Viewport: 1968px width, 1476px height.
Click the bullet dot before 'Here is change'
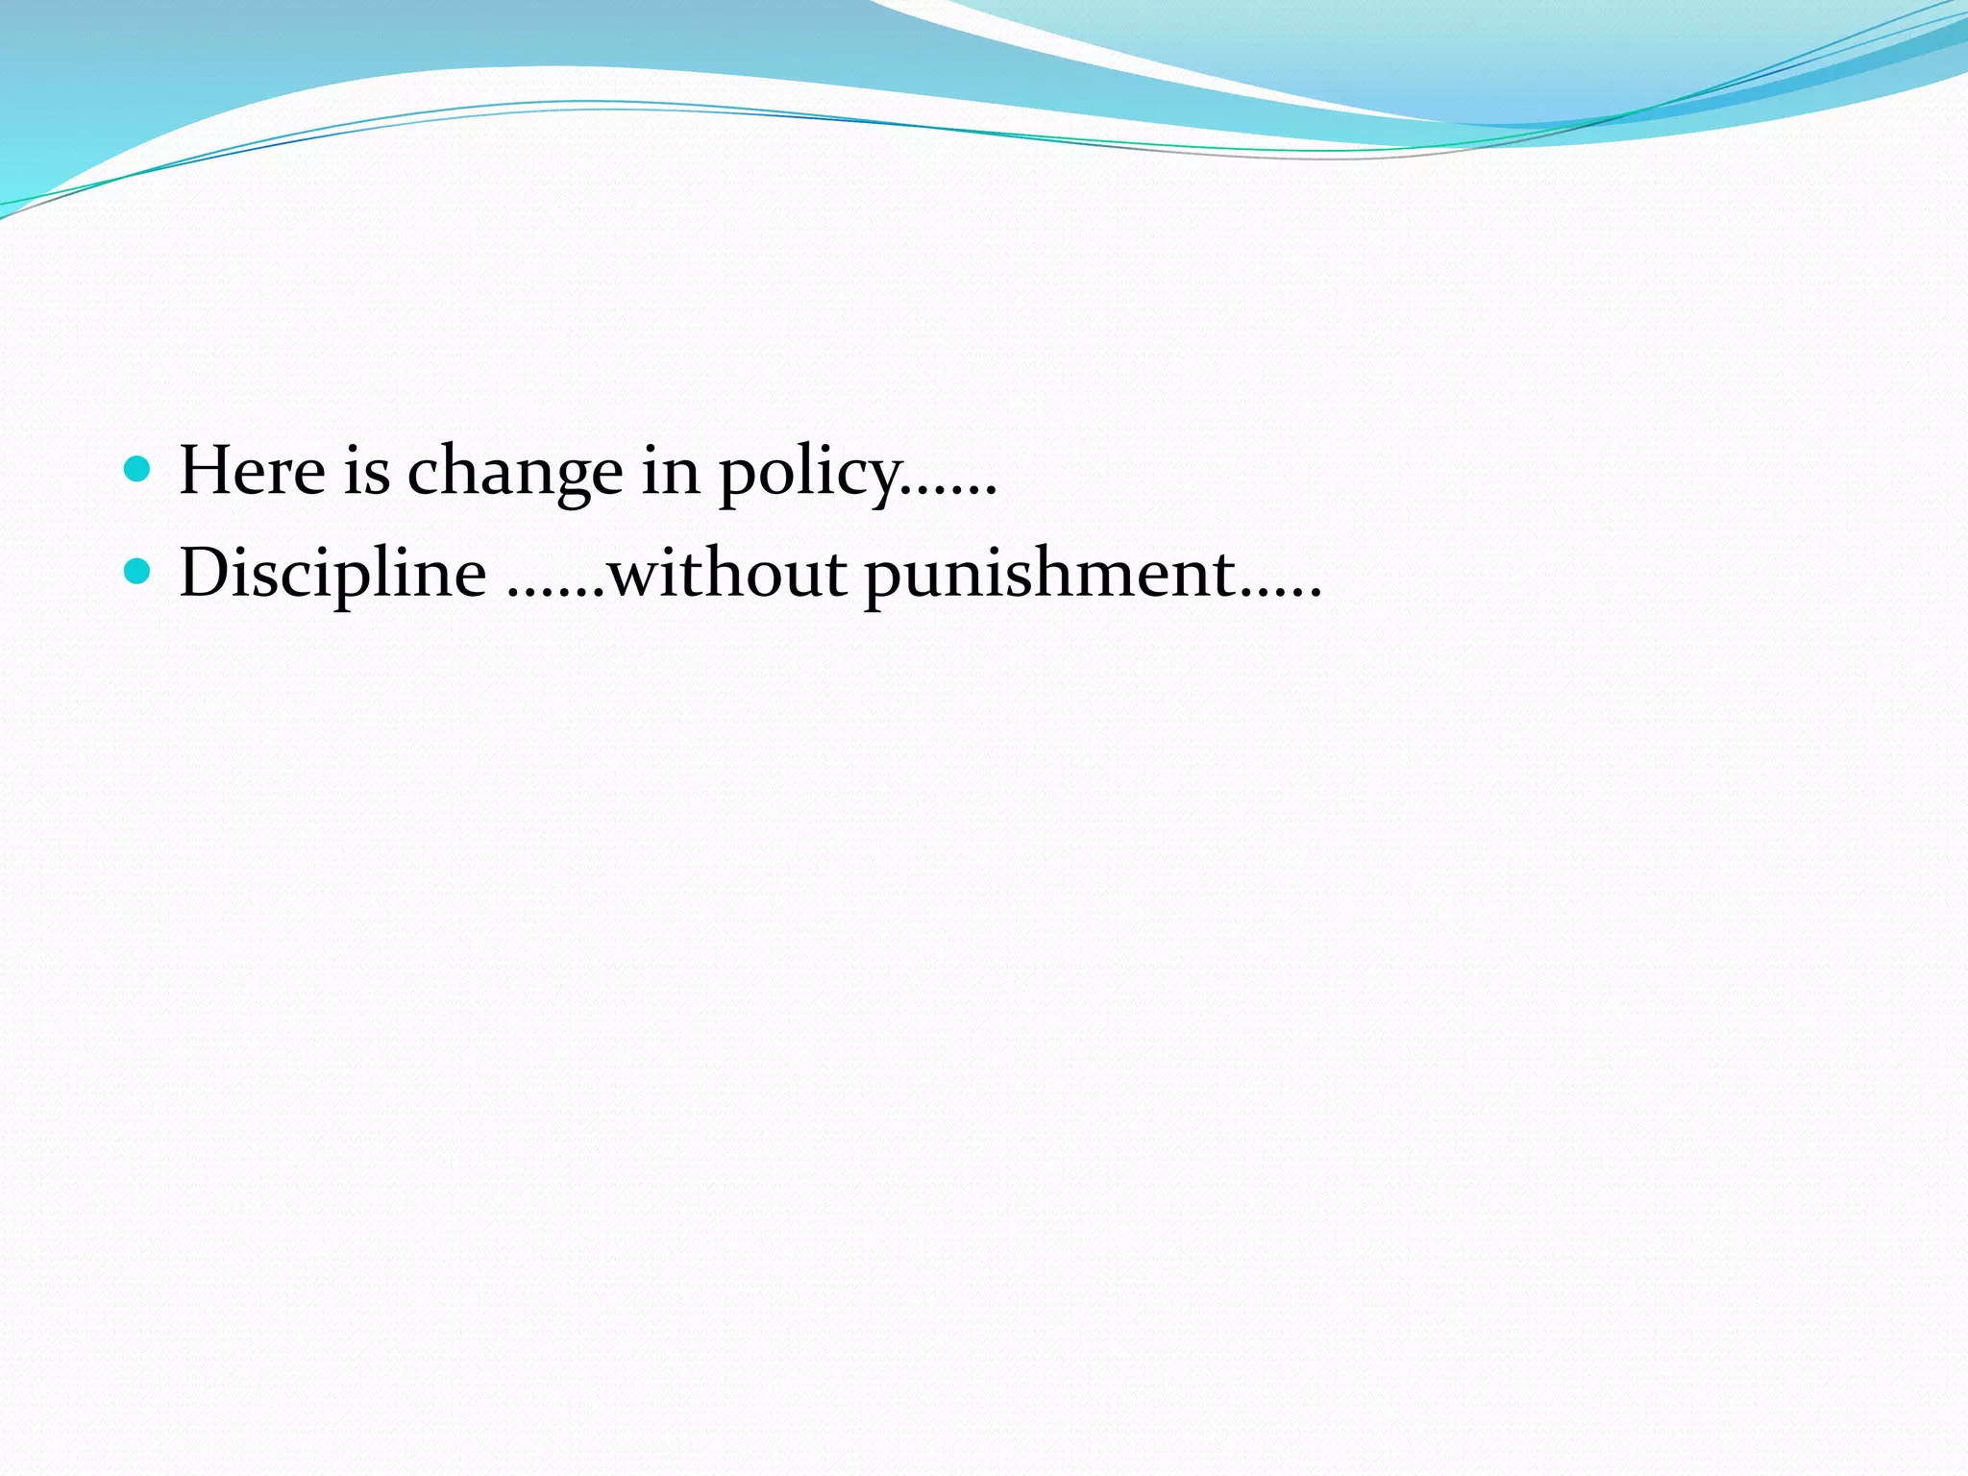pyautogui.click(x=138, y=469)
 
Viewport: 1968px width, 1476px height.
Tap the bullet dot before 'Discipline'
pyautogui.click(x=138, y=572)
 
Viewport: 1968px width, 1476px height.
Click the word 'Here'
pyautogui.click(x=253, y=471)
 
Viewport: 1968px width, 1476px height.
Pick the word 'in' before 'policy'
pyautogui.click(x=671, y=471)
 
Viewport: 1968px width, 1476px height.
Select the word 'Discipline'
pyautogui.click(x=332, y=574)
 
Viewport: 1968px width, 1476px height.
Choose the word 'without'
pyautogui.click(x=727, y=574)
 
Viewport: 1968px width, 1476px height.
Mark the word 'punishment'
pyautogui.click(x=1049, y=576)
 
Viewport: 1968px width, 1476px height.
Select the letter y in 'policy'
pyautogui.click(x=883, y=480)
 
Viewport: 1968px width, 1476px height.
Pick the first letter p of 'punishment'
pyautogui.click(x=884, y=580)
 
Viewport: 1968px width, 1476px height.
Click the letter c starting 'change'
pyautogui.click(x=426, y=476)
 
